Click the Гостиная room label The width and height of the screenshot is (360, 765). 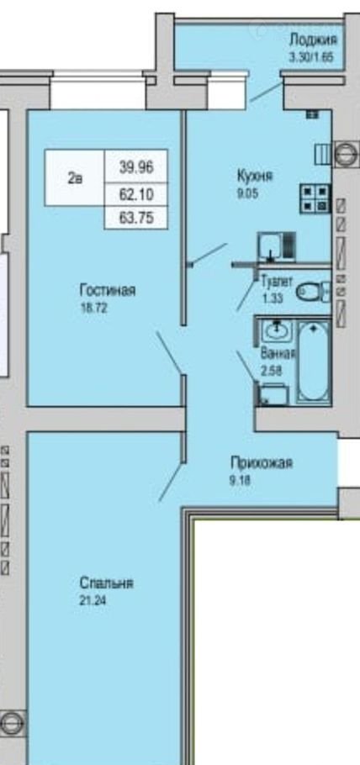(x=108, y=291)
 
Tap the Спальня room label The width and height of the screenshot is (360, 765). (x=106, y=583)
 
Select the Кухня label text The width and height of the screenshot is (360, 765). (x=255, y=175)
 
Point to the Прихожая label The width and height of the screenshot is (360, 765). (x=262, y=462)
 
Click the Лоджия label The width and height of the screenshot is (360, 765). (x=313, y=40)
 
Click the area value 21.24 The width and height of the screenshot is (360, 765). (x=93, y=600)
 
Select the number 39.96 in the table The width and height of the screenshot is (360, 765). (x=137, y=168)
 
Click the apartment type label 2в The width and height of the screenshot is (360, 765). (x=75, y=178)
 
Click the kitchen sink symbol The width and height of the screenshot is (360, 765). (x=277, y=245)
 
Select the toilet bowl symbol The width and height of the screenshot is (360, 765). (x=313, y=292)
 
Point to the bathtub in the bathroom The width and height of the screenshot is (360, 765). (x=314, y=361)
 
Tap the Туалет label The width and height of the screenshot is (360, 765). (x=277, y=282)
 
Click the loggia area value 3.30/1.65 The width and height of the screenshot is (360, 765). (x=311, y=56)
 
